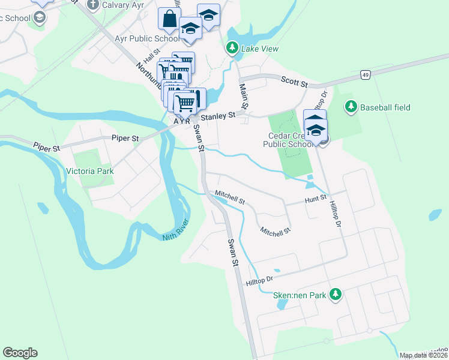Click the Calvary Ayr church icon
[92, 5]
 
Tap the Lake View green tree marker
[231, 47]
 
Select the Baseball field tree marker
[351, 107]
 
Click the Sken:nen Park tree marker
[336, 295]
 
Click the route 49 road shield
[365, 74]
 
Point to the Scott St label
[295, 79]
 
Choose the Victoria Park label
[91, 171]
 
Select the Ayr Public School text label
[146, 38]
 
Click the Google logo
[20, 353]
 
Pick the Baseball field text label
[385, 107]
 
